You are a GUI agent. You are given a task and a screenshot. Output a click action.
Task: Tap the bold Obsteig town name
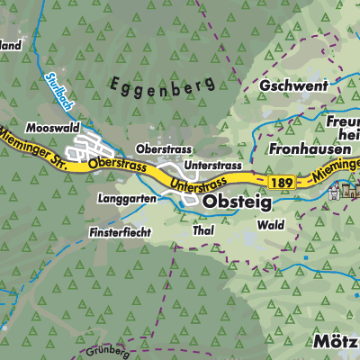click(x=238, y=203)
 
